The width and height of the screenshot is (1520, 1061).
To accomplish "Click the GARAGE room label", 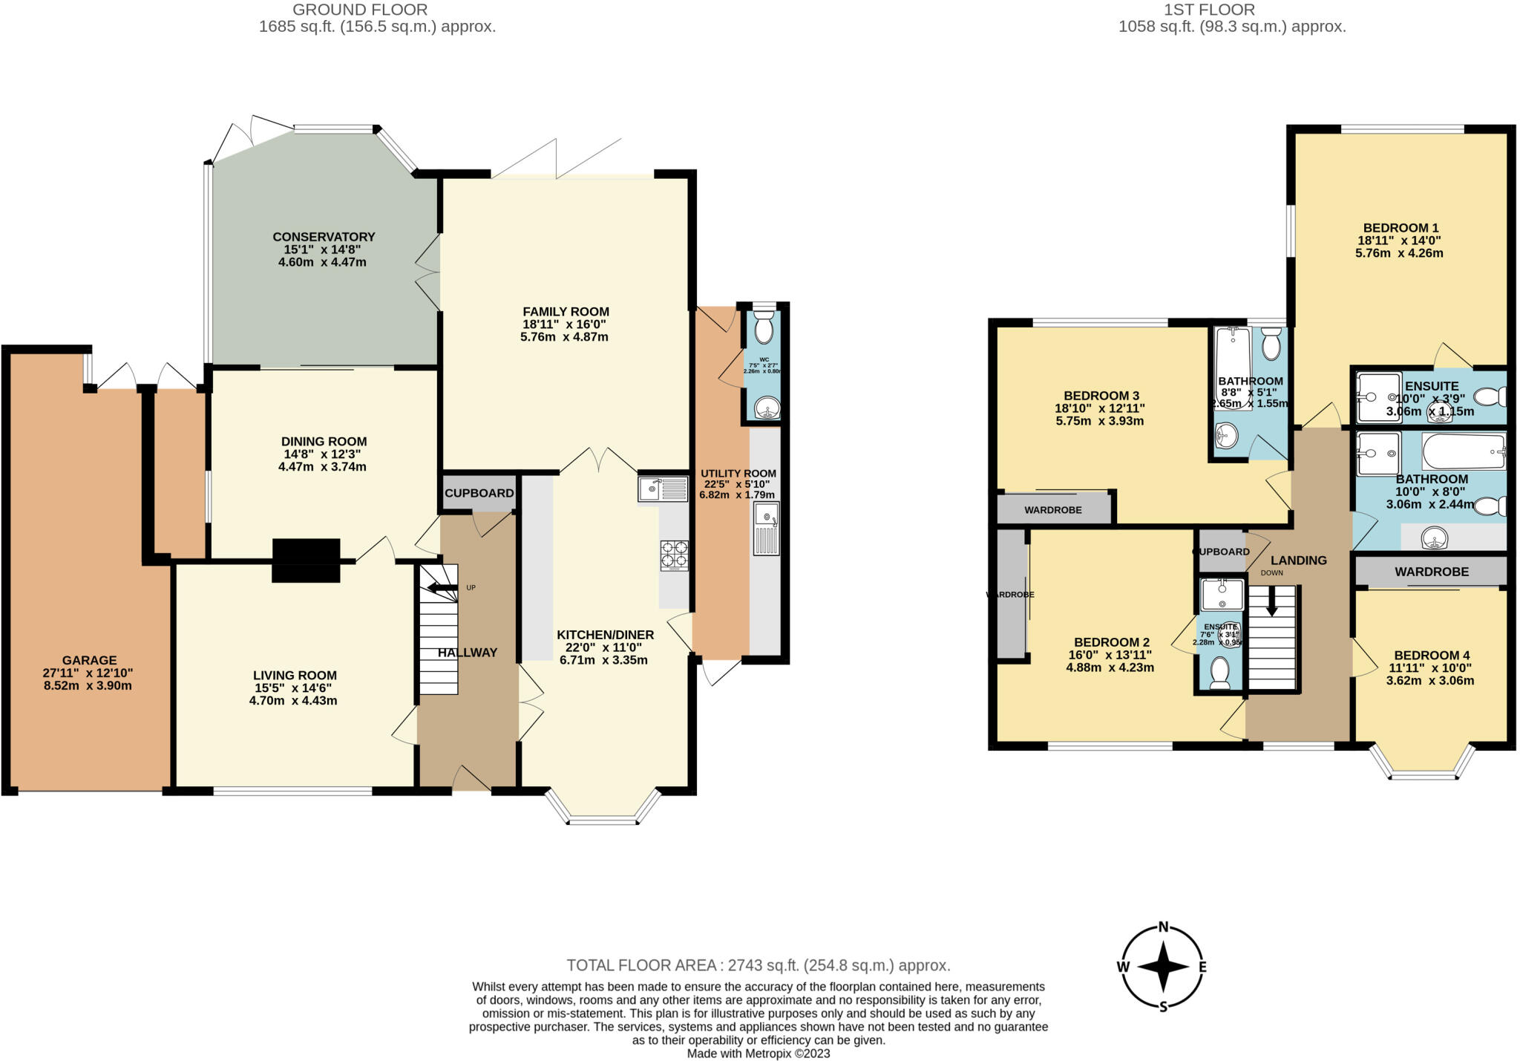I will click(88, 660).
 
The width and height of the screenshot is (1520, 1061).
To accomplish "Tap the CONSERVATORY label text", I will click(324, 237).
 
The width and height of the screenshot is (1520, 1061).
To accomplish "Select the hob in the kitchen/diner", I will click(674, 555).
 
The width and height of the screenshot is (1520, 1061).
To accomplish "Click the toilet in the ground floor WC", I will click(764, 327).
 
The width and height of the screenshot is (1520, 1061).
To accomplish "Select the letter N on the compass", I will click(1164, 927).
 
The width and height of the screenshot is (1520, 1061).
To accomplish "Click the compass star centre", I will click(1164, 967).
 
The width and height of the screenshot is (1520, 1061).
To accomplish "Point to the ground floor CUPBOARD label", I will click(479, 493).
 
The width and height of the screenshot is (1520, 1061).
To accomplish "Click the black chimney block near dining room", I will click(306, 561).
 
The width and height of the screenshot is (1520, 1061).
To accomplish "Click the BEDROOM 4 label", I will click(1432, 655).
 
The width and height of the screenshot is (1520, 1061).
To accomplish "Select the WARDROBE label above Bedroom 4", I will click(1431, 572).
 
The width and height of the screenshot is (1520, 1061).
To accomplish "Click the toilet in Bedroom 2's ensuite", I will click(1219, 673).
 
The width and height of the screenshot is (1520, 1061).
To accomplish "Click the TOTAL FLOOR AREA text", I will click(758, 965).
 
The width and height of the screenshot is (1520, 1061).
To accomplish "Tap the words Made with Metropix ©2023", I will click(758, 1054).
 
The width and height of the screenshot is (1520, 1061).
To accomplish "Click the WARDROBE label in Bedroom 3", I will click(1052, 510).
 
